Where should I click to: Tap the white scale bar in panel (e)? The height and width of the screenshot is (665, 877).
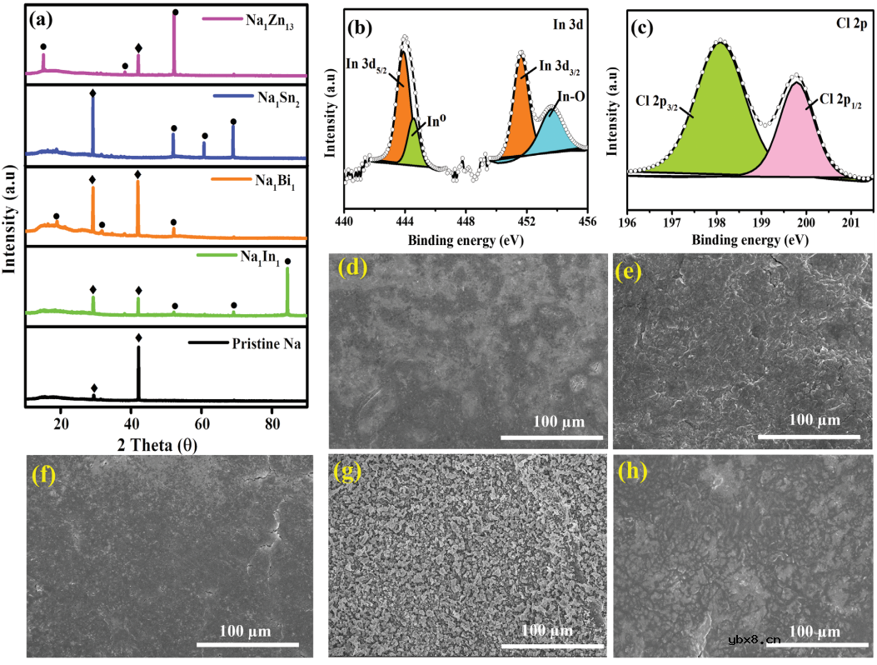[x=808, y=434]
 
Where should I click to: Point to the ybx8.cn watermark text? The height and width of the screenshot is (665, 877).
[x=754, y=640]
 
